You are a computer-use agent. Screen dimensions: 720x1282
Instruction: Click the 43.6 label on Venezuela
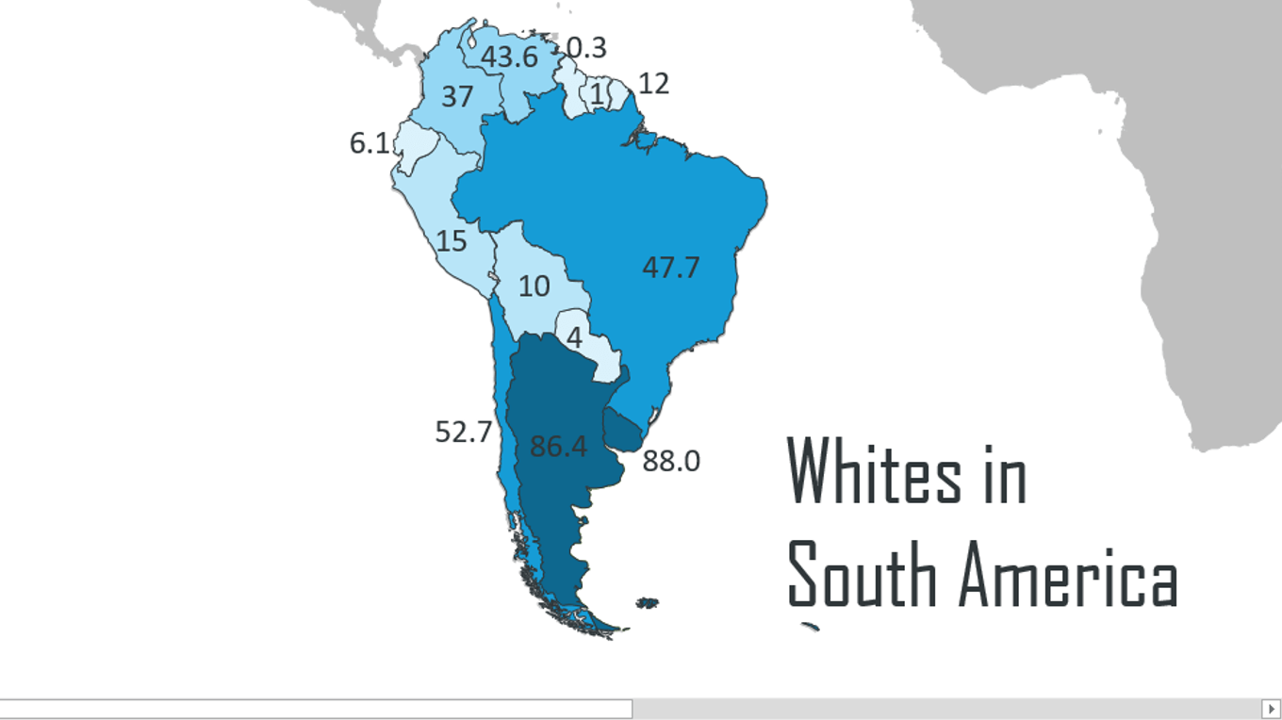click(x=509, y=57)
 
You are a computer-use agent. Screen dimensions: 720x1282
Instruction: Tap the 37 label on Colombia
click(x=457, y=96)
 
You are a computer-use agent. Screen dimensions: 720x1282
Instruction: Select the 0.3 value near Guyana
click(x=586, y=47)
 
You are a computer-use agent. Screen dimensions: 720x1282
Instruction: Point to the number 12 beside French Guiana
click(x=653, y=84)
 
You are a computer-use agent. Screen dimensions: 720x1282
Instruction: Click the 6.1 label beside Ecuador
click(x=369, y=143)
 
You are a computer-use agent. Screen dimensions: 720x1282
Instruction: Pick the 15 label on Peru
click(x=452, y=241)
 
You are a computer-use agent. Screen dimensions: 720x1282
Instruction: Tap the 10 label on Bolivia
click(x=534, y=286)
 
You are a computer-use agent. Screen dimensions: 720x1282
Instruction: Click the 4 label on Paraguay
click(x=574, y=337)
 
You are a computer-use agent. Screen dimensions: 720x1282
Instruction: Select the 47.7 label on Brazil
click(x=671, y=268)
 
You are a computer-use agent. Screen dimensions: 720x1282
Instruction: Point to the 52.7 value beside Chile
click(x=463, y=433)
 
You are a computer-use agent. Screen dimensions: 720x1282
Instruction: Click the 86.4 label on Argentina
click(x=558, y=446)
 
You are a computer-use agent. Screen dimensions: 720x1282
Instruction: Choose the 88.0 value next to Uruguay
click(x=671, y=462)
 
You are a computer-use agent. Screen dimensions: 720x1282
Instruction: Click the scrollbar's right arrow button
click(x=1271, y=708)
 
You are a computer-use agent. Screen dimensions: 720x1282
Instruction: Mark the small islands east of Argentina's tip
click(x=647, y=602)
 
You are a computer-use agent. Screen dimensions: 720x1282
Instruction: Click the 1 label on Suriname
click(x=598, y=94)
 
